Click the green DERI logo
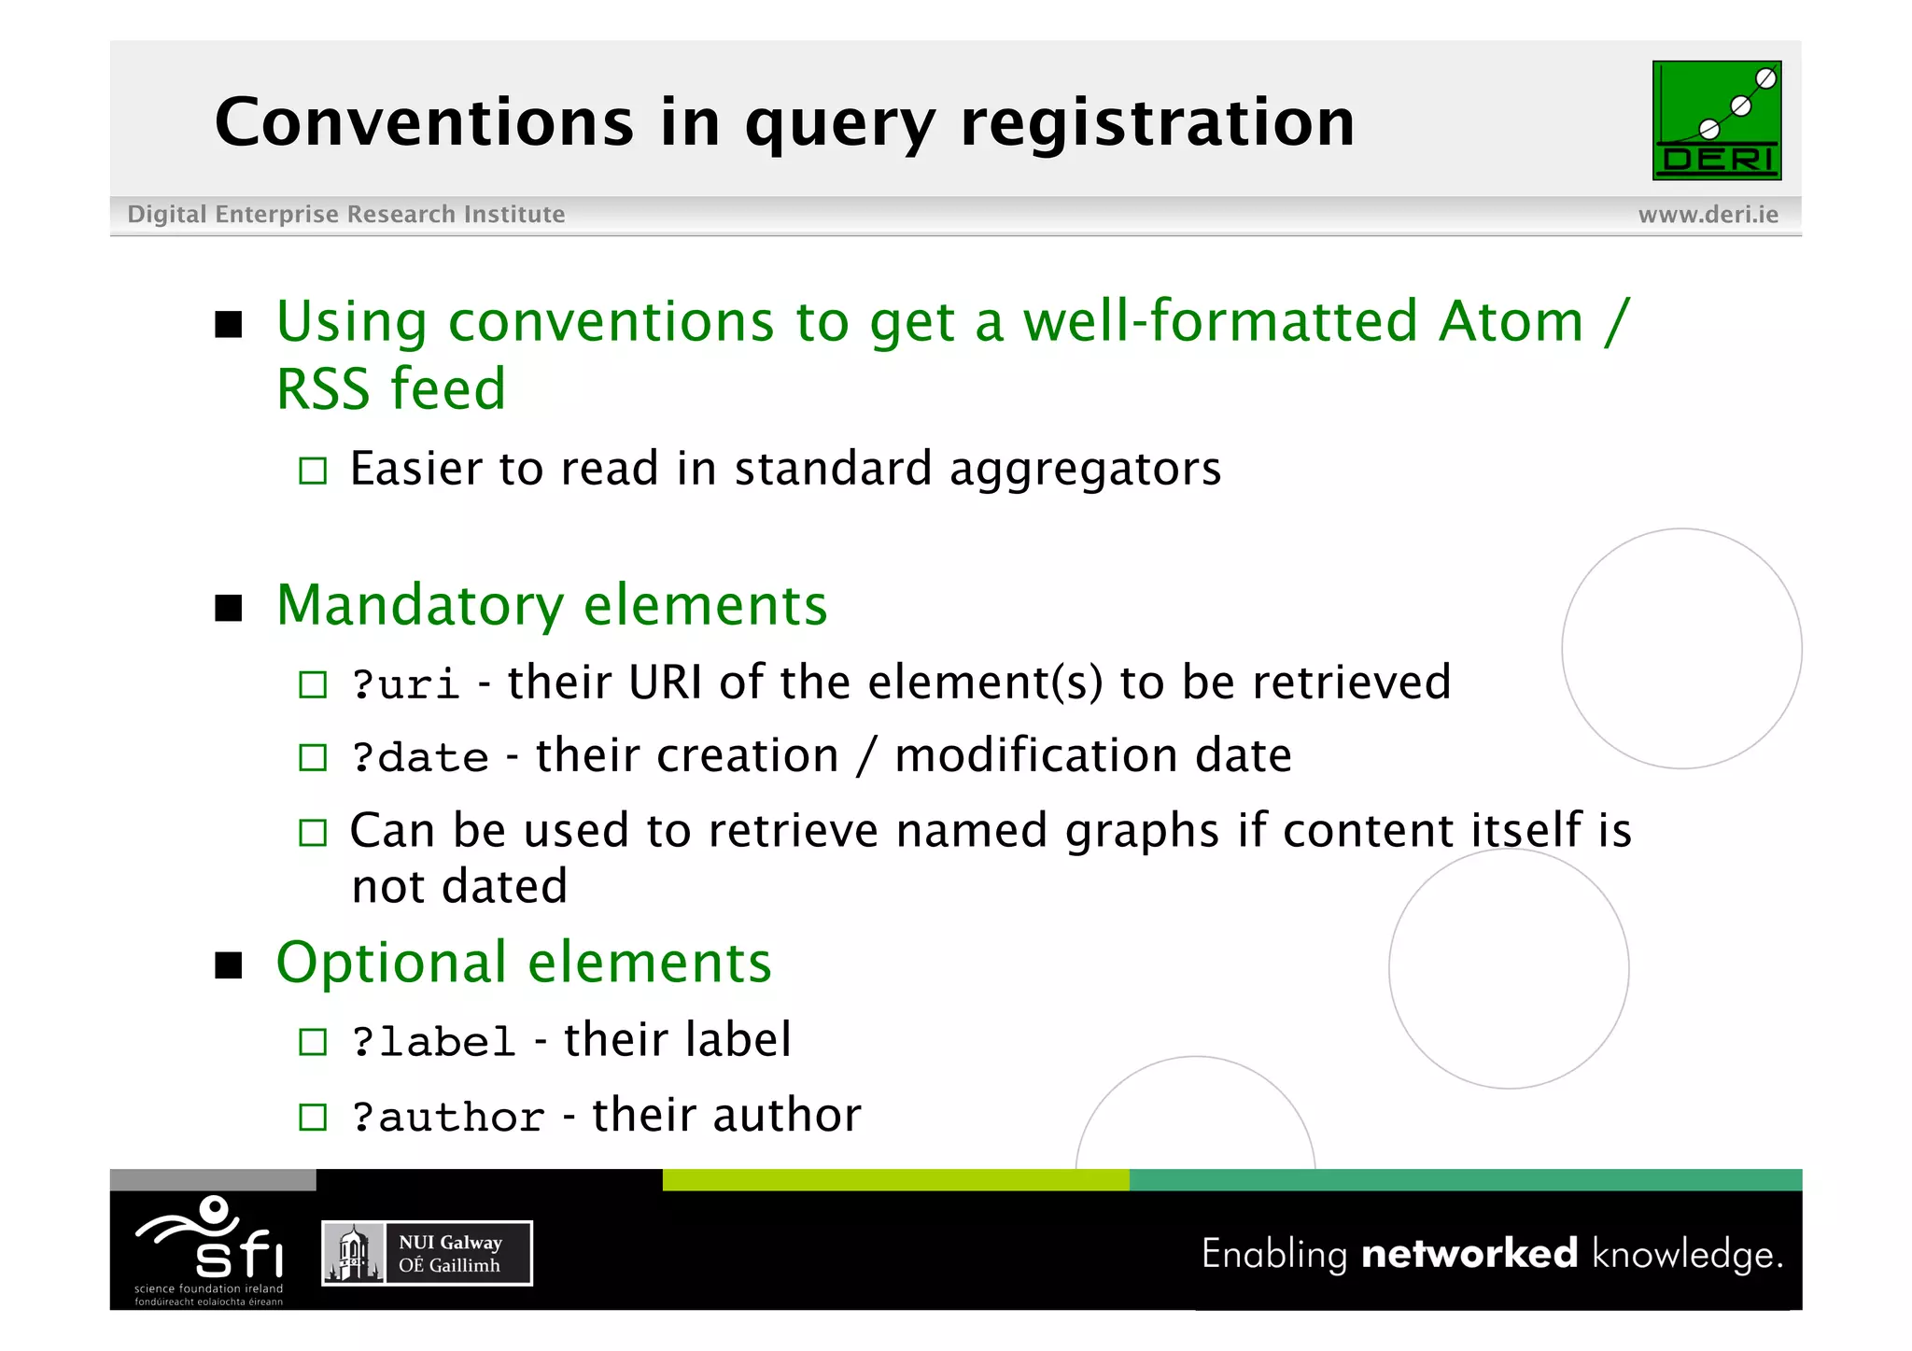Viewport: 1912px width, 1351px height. point(1716,120)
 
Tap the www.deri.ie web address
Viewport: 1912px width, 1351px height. point(1708,215)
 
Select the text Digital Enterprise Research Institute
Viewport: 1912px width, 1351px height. point(345,215)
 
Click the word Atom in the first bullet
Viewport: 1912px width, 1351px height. point(1510,322)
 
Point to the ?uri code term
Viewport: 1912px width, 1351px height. point(405,684)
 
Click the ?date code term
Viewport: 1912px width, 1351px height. point(419,757)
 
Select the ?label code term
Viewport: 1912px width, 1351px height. point(433,1042)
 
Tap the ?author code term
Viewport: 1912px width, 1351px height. point(447,1117)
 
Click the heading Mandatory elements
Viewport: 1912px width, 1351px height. point(551,606)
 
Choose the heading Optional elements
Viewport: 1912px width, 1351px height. point(524,963)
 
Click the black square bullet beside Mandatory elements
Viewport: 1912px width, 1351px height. point(229,609)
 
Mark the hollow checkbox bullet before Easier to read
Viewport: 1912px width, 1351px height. point(313,471)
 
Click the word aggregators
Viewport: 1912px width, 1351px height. point(1085,470)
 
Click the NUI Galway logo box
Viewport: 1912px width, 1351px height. point(427,1253)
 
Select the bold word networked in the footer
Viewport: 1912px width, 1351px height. point(1469,1253)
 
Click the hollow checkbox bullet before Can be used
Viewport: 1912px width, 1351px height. point(313,832)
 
